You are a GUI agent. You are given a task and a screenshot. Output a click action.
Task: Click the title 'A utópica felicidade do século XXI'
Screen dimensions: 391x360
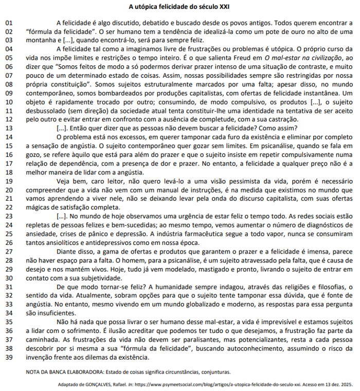tap(179, 7)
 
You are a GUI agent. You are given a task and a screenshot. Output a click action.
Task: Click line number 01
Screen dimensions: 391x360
tap(9, 23)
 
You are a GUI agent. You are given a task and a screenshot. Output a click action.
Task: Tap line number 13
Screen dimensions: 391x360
tap(9, 128)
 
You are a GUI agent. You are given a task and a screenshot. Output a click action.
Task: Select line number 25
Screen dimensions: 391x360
tap(9, 234)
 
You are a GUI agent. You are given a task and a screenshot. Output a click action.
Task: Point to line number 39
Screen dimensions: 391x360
tap(9, 357)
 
